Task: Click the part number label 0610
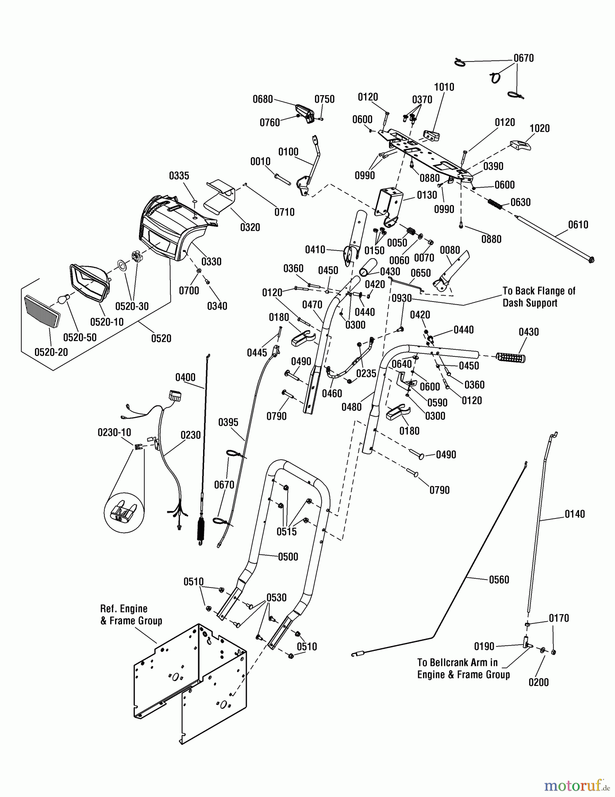click(x=578, y=224)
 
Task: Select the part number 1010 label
click(x=444, y=87)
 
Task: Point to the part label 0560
click(x=499, y=580)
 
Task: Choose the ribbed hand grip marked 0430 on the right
click(x=511, y=357)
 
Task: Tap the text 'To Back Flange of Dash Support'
click(x=538, y=297)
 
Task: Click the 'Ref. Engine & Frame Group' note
click(x=131, y=615)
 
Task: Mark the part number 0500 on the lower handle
click(x=288, y=557)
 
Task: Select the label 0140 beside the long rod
click(x=574, y=514)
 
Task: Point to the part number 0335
click(x=179, y=176)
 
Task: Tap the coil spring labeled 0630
click(x=496, y=204)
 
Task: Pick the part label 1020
click(x=539, y=128)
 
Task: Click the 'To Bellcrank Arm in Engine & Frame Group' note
click(x=463, y=669)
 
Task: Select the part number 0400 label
click(x=185, y=378)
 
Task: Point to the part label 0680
click(x=262, y=99)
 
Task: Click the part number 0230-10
click(x=114, y=432)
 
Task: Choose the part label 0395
click(x=228, y=422)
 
